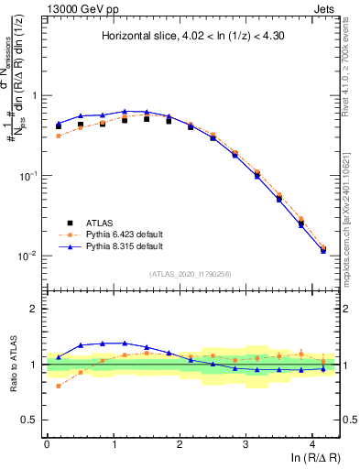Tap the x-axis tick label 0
click(47, 442)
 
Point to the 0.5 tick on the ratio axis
click(31, 420)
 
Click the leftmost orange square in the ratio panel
click(59, 386)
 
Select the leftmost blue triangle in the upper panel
click(59, 123)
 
